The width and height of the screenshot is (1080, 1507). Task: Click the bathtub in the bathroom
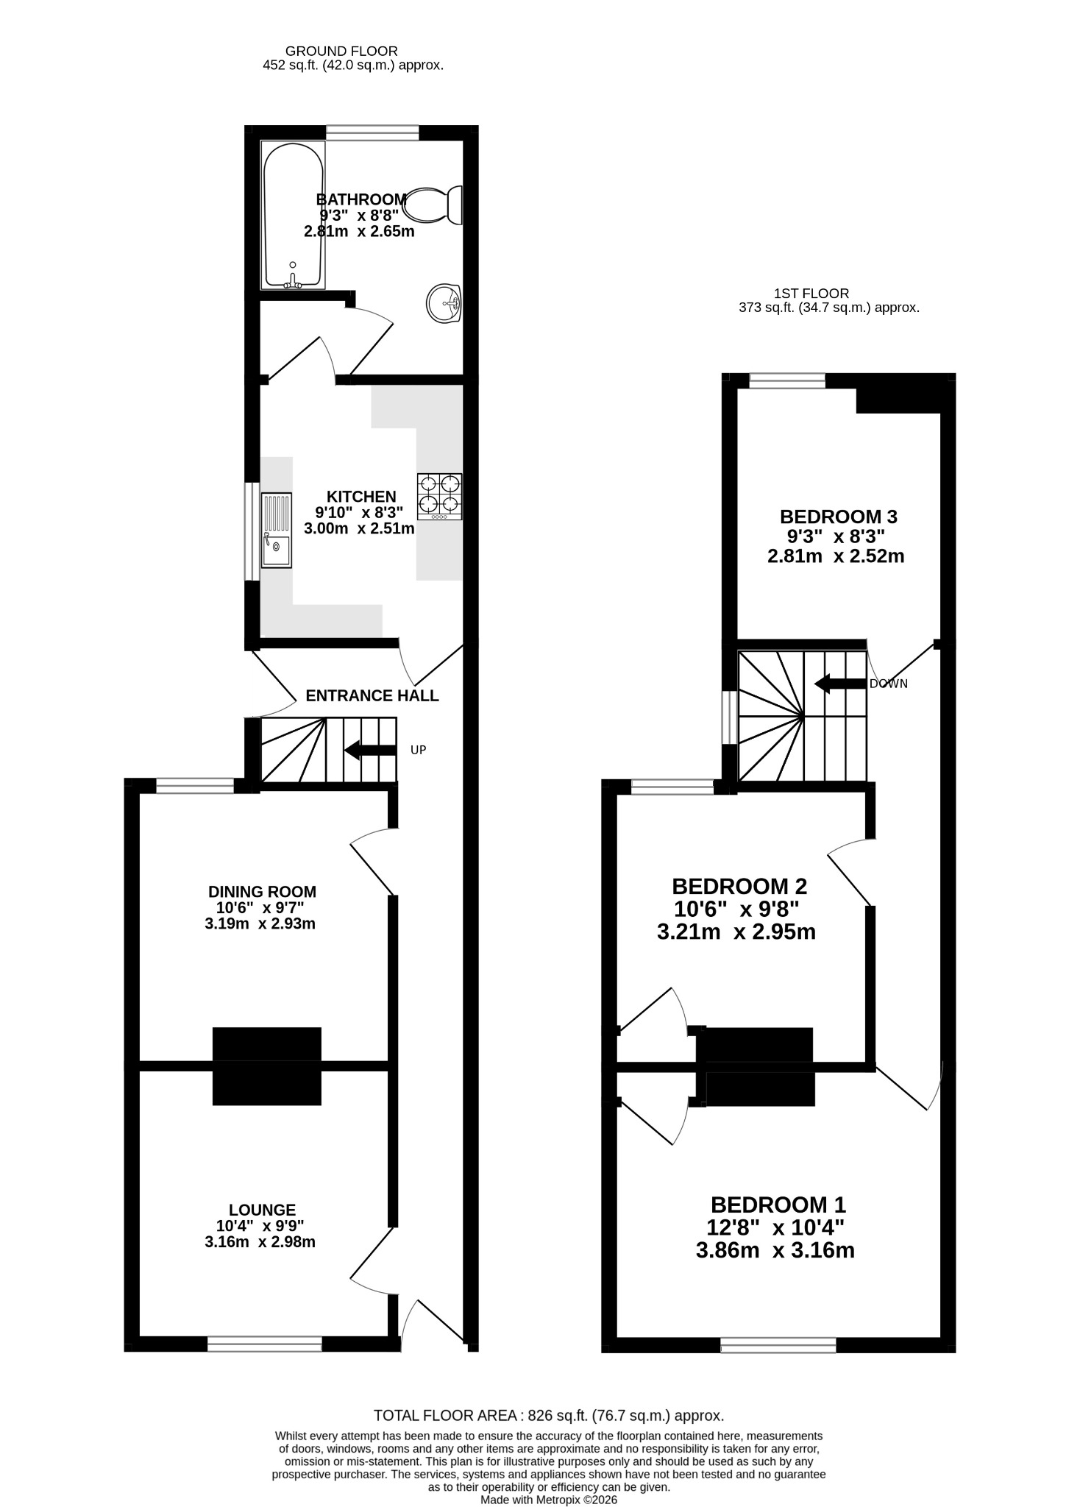(293, 215)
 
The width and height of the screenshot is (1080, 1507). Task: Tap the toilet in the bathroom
(434, 205)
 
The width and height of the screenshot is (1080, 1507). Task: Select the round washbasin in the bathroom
(444, 303)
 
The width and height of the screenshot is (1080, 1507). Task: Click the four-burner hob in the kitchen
(440, 497)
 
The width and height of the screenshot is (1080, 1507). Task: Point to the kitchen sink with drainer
(277, 530)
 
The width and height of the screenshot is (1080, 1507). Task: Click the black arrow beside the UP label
(370, 751)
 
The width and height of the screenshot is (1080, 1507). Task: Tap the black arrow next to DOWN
(840, 684)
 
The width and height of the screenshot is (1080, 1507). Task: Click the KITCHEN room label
(361, 497)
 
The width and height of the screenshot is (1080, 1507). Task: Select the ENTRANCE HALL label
(372, 695)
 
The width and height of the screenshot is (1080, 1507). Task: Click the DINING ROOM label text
(262, 892)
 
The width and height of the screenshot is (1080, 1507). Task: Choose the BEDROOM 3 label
(839, 517)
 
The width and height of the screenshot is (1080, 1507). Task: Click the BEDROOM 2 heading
(739, 885)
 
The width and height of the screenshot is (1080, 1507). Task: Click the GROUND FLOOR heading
(341, 51)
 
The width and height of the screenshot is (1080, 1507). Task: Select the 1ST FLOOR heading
(811, 293)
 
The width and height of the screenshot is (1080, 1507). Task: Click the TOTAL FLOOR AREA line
(549, 1415)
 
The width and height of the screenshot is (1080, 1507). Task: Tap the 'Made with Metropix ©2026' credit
(549, 1494)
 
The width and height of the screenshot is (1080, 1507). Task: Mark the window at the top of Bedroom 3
(787, 380)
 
